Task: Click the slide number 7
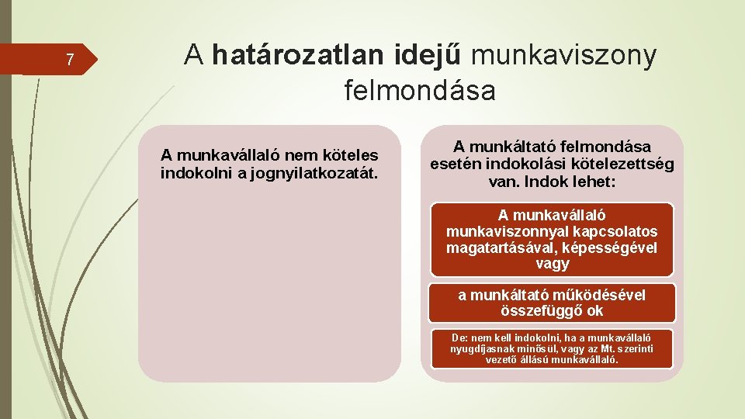tap(70, 60)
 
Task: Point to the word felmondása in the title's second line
tap(420, 91)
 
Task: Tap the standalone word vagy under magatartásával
tap(552, 264)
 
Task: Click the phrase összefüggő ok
tap(552, 311)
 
